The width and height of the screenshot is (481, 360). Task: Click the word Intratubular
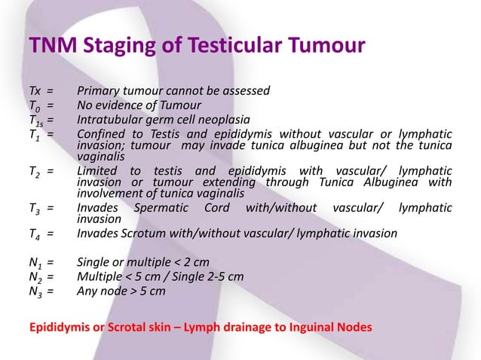coord(111,120)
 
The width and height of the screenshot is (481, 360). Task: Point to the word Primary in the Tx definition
coord(100,91)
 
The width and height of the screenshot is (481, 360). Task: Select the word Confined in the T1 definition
coord(103,134)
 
